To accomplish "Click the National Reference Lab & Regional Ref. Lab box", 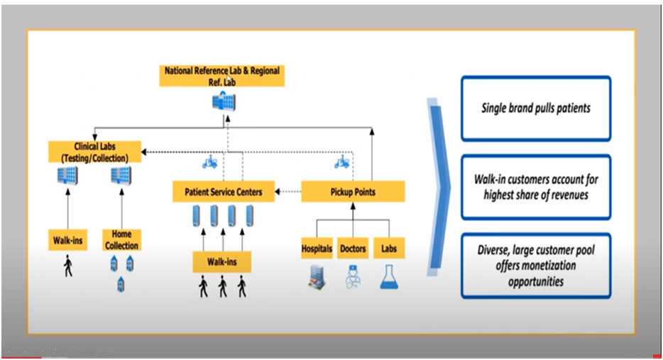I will click(x=221, y=75).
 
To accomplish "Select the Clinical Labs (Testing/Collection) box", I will click(x=94, y=151).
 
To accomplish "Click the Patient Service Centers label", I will click(x=224, y=192).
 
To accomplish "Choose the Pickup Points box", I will click(x=353, y=192).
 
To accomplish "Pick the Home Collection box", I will click(x=121, y=239).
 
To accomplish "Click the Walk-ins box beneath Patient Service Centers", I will click(x=222, y=263).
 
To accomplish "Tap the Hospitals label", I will click(x=317, y=249).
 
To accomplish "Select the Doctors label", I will click(x=353, y=249).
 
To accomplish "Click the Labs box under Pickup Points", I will click(x=389, y=249).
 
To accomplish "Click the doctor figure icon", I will click(x=353, y=276).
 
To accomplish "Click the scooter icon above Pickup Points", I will click(x=341, y=163).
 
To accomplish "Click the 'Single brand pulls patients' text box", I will click(x=535, y=109).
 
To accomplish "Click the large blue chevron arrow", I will click(x=439, y=186).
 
